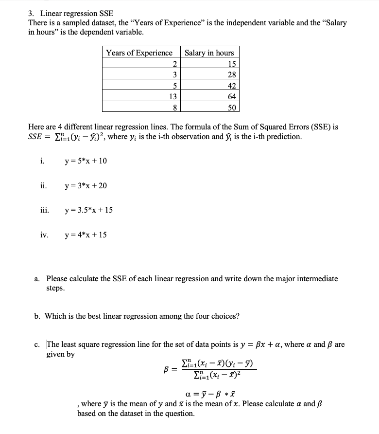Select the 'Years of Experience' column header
pyautogui.click(x=139, y=53)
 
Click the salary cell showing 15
pyautogui.click(x=232, y=64)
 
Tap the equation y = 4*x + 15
pyautogui.click(x=86, y=235)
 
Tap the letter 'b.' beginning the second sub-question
pyautogui.click(x=37, y=316)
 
